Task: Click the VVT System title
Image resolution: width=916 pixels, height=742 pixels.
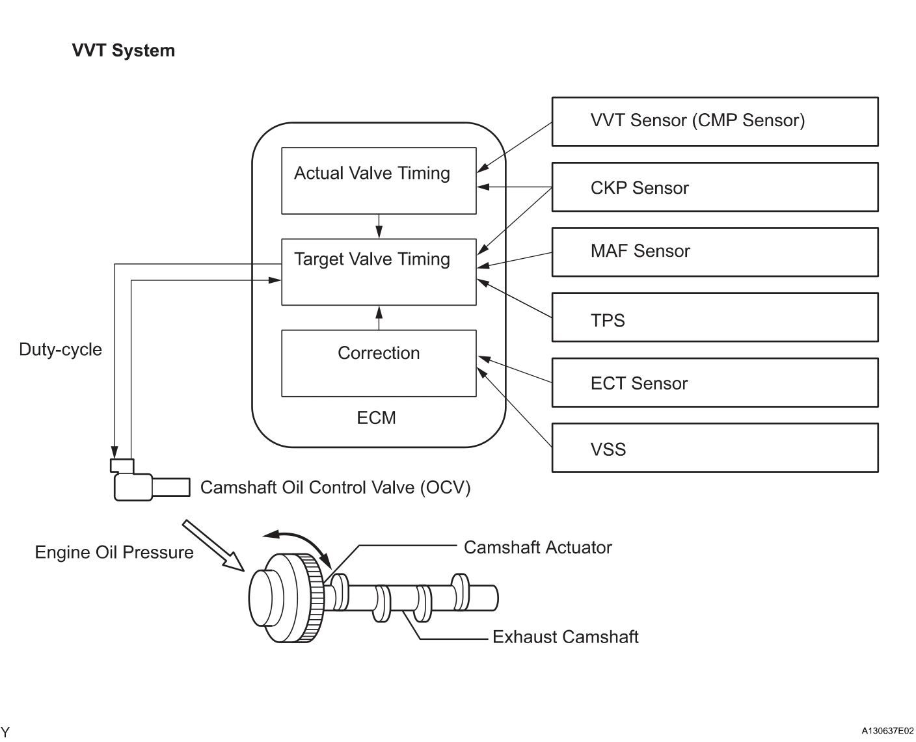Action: point(123,51)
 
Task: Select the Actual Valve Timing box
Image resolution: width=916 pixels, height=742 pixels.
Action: point(378,180)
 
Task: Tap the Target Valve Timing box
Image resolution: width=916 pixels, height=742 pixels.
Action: point(378,271)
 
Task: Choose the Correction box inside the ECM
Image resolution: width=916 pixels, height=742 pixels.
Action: point(378,363)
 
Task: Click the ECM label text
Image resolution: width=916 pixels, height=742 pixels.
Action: point(376,417)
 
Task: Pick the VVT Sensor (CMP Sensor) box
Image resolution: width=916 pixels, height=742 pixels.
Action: point(714,122)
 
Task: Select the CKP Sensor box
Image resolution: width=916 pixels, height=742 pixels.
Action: point(714,187)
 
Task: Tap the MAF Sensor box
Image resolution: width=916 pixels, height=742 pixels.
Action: point(714,252)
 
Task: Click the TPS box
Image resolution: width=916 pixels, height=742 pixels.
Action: point(714,317)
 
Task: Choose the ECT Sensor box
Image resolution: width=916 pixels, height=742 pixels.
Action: point(714,382)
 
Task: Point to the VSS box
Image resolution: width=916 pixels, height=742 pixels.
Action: point(714,447)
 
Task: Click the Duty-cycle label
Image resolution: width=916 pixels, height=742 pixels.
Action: point(61,349)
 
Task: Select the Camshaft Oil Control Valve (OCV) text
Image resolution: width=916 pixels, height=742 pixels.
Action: point(335,488)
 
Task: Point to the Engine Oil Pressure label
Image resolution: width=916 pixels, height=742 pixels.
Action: point(114,552)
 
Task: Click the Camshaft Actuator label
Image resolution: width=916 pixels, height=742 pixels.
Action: point(537,548)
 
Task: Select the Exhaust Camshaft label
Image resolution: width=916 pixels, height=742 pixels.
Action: point(565,637)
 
